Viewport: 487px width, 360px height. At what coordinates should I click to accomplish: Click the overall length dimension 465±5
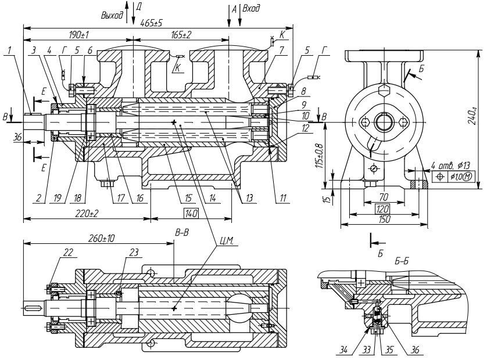(x=152, y=22)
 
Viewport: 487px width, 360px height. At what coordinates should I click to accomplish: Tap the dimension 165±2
(x=181, y=35)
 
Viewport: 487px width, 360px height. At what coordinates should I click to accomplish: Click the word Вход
(x=251, y=10)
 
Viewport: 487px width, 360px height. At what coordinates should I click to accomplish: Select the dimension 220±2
(x=85, y=213)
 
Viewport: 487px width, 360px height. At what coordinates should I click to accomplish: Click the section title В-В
(x=182, y=232)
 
